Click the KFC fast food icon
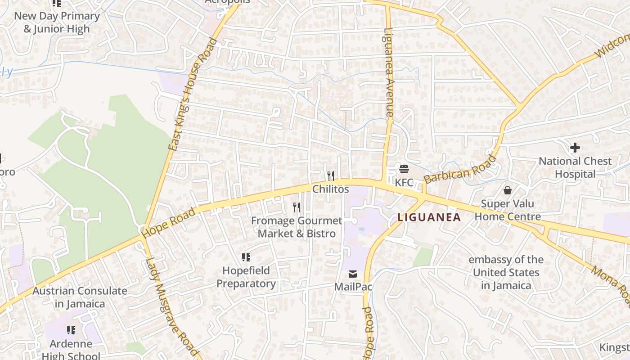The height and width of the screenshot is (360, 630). click(x=404, y=169)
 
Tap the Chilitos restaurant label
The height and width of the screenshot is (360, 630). click(x=331, y=189)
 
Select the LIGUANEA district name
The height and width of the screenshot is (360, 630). click(x=429, y=218)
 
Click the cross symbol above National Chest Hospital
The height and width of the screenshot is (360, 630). click(x=575, y=148)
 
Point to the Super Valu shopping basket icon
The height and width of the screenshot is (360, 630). click(x=508, y=190)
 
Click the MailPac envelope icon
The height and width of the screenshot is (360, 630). click(x=353, y=274)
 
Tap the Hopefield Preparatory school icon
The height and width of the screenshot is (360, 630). click(x=246, y=257)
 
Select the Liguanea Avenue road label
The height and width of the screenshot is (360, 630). click(x=389, y=72)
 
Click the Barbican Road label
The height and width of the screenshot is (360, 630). click(x=460, y=169)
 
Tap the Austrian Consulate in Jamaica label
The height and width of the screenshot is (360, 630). click(x=80, y=297)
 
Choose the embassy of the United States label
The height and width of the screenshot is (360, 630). click(x=506, y=272)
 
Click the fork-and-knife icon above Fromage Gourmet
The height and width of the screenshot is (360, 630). click(x=296, y=207)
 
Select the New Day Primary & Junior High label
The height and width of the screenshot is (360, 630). click(x=57, y=22)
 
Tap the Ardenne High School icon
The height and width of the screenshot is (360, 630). click(x=71, y=331)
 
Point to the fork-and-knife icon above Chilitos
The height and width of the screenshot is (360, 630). click(x=331, y=175)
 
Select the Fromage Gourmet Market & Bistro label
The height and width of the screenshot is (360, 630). click(x=297, y=227)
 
